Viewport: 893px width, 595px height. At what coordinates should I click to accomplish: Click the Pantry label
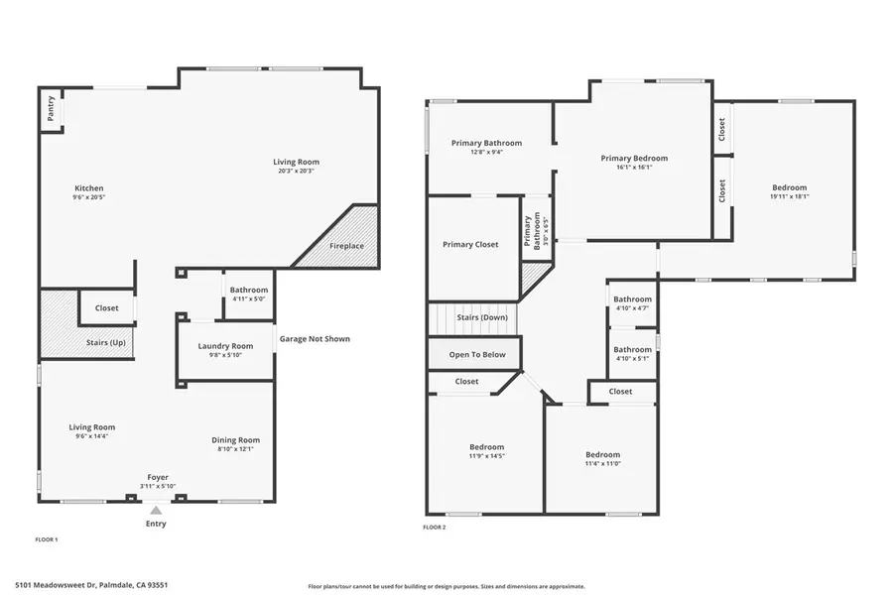(x=50, y=110)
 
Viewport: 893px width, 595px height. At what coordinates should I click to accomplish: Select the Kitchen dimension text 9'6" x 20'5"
(x=89, y=197)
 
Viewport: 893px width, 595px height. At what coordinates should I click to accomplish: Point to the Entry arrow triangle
(x=155, y=511)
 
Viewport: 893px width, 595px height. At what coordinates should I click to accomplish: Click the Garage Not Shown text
(x=315, y=339)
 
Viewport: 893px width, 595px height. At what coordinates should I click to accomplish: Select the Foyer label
(x=158, y=476)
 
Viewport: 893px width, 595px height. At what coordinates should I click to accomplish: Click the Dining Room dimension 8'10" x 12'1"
(x=235, y=449)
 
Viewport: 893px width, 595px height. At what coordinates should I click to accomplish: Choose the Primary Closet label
(x=470, y=244)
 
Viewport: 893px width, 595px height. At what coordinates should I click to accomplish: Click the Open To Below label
(x=477, y=354)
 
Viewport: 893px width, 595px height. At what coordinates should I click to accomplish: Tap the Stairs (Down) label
(x=482, y=317)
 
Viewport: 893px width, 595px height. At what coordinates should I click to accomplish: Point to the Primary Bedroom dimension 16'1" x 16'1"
(x=634, y=168)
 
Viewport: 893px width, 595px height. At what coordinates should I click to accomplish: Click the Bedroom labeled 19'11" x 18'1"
(x=790, y=187)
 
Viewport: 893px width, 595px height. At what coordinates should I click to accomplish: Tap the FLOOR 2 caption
(x=435, y=528)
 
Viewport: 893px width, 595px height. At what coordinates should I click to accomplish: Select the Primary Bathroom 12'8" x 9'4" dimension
(x=486, y=153)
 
